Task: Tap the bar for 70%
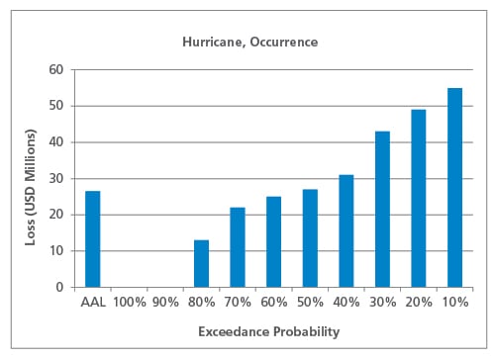[238, 247]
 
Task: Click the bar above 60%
[273, 241]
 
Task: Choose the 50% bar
[310, 237]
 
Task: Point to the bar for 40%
[346, 230]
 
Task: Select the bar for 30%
[382, 209]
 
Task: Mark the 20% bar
[418, 198]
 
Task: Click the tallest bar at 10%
[454, 187]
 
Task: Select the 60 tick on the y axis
[55, 70]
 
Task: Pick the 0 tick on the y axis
[59, 287]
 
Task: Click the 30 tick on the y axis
[55, 179]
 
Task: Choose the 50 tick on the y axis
[55, 106]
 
